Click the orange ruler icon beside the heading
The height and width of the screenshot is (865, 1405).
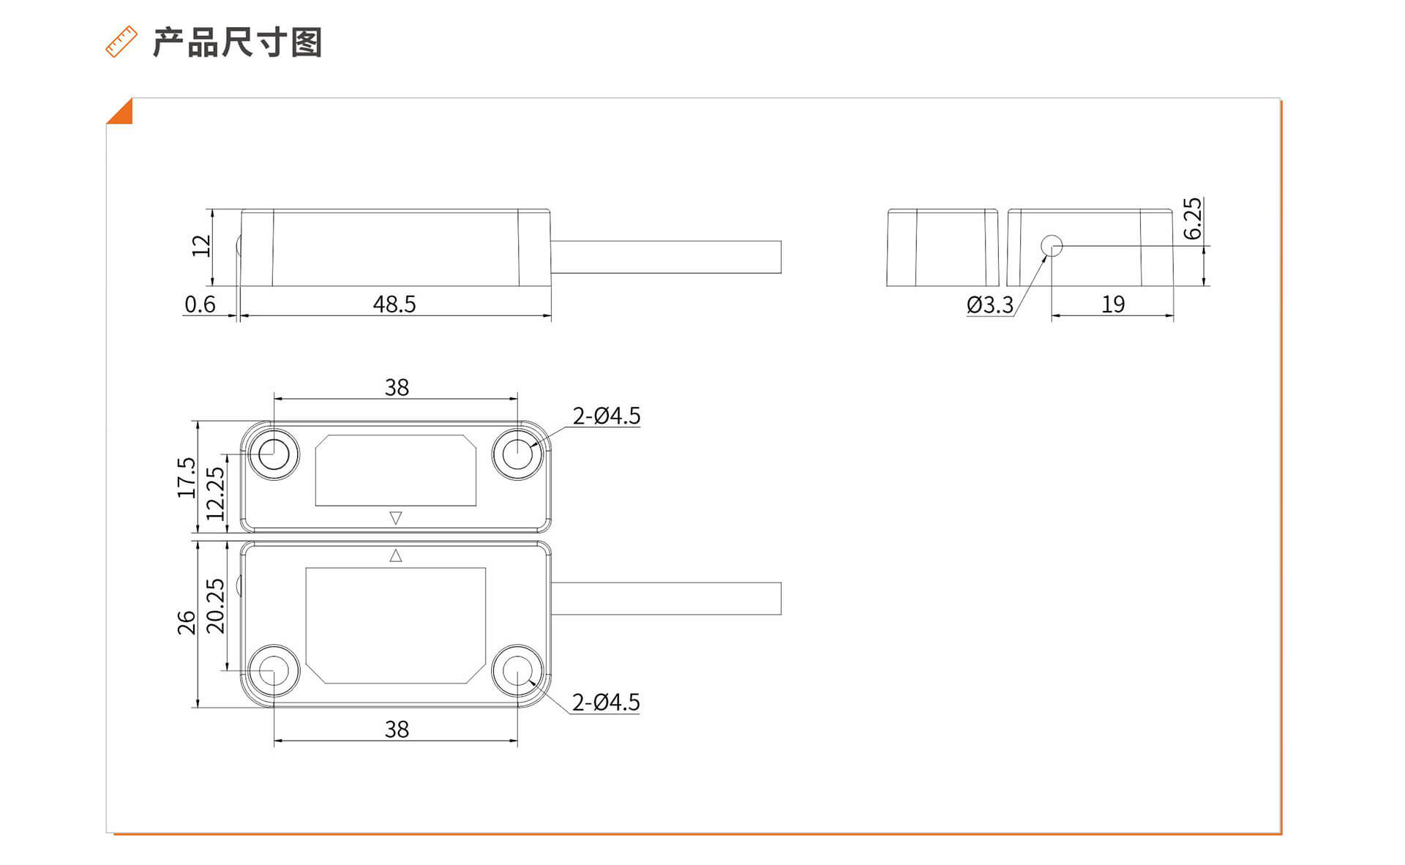[x=121, y=42]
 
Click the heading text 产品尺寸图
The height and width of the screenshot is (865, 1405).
[x=237, y=42]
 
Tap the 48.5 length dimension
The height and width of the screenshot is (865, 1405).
[x=394, y=304]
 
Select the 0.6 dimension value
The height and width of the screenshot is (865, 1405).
[x=200, y=304]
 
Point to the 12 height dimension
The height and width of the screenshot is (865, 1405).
[x=201, y=246]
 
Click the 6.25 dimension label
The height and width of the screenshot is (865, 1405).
[x=1192, y=218]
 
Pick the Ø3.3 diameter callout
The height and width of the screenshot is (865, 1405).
[x=990, y=304]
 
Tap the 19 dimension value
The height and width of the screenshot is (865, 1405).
[x=1113, y=304]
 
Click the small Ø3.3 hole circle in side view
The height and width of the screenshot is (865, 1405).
[x=1052, y=246]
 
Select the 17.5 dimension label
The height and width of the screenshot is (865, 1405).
[x=187, y=477]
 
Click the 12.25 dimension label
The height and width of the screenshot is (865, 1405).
[x=215, y=494]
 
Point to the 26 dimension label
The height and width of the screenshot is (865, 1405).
[x=187, y=623]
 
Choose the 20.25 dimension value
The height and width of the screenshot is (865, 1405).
[x=215, y=606]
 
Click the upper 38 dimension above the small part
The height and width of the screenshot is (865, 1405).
[x=397, y=387]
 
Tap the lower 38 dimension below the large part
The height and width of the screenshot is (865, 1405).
[x=397, y=729]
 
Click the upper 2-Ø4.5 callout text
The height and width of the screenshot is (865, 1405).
[x=606, y=416]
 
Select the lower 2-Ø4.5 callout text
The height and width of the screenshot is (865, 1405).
[x=606, y=702]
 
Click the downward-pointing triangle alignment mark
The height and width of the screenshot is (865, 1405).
[x=396, y=517]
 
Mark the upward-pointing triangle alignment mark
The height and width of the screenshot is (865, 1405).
[x=396, y=556]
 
